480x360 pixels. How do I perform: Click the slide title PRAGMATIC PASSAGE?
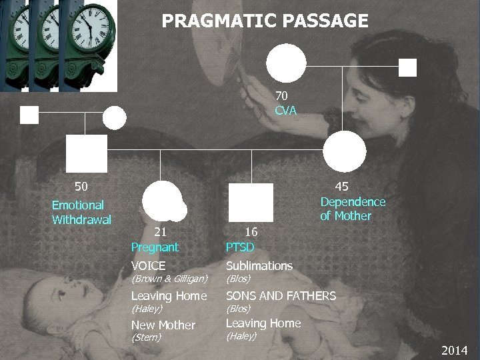(265, 21)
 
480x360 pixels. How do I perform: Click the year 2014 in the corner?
(455, 351)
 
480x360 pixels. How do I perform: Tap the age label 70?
(285, 96)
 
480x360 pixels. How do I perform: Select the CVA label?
(285, 110)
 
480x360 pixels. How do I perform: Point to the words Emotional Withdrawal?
(81, 212)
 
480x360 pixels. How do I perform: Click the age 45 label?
(341, 187)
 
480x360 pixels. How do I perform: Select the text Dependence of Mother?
(353, 209)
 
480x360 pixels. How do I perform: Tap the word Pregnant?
(155, 247)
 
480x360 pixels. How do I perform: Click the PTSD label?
(240, 248)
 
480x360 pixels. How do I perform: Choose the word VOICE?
(149, 266)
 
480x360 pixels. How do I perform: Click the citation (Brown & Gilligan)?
(169, 278)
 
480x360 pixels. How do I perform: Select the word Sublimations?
(259, 266)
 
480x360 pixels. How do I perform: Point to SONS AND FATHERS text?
(281, 296)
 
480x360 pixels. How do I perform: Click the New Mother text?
(163, 325)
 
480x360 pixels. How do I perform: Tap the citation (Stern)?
(146, 337)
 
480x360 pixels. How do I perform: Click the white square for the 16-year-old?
(251, 202)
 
